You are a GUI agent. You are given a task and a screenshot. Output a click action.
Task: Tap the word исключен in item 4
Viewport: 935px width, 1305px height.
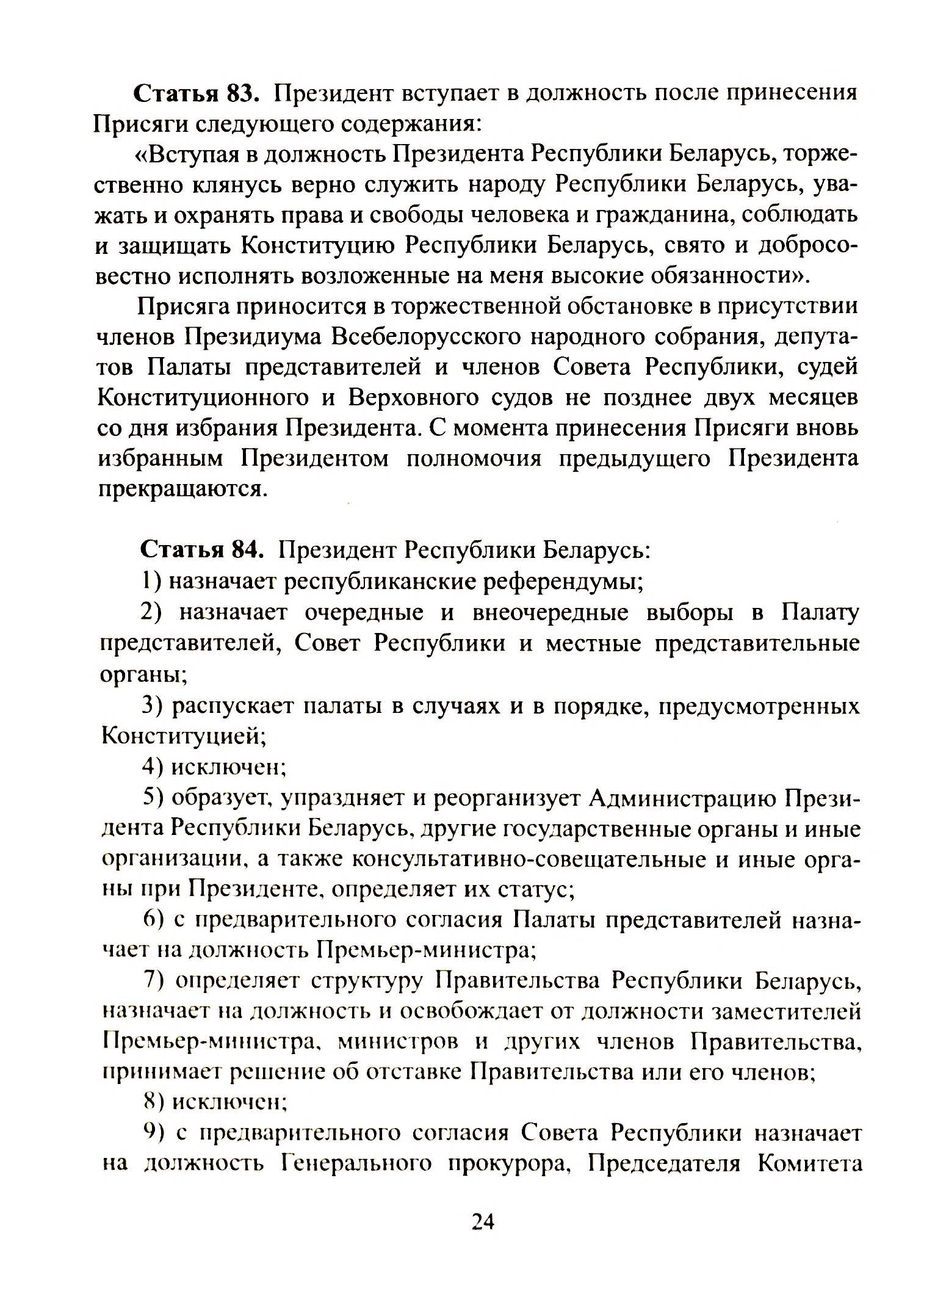229,767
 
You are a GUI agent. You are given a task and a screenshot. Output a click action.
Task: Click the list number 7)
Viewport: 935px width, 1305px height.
154,981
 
